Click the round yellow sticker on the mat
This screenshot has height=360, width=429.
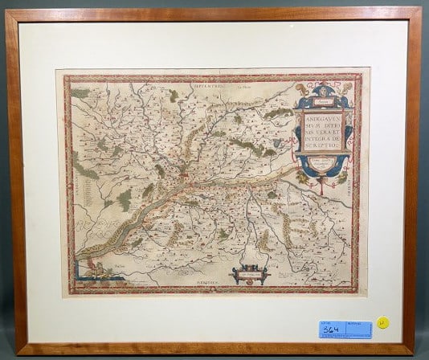pyautogui.click(x=383, y=323)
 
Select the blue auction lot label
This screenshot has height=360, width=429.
pyautogui.click(x=345, y=328)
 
